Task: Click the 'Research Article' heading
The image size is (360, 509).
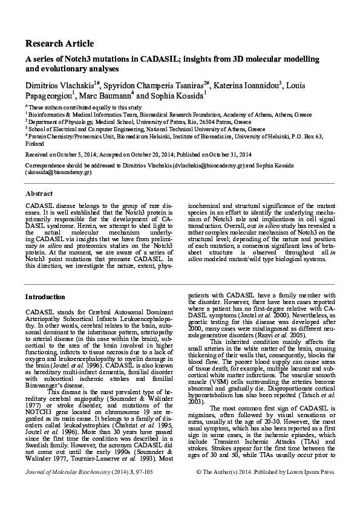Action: coord(59,44)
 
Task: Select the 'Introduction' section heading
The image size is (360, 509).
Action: coord(45,297)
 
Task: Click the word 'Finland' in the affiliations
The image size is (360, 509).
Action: coord(35,144)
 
